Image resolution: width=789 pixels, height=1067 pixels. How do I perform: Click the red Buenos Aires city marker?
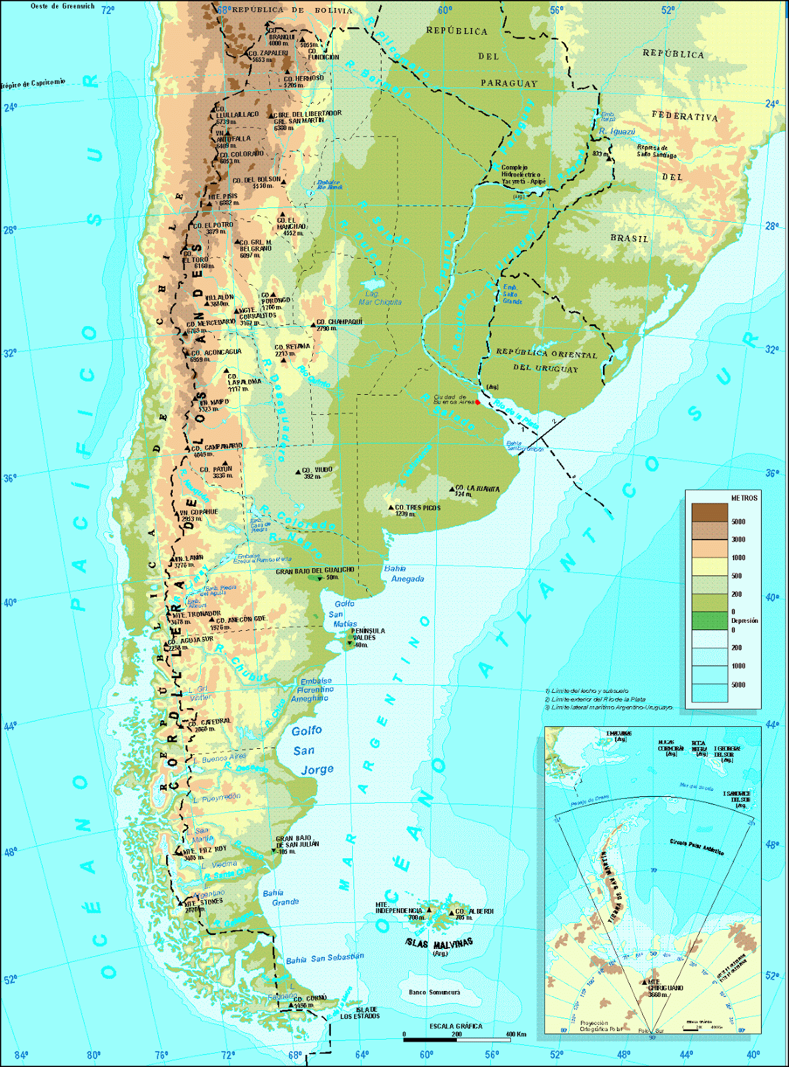pos(478,402)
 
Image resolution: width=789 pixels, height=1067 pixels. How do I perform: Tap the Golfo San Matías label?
pos(344,614)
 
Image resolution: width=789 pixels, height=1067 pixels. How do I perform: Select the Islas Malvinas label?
pos(440,944)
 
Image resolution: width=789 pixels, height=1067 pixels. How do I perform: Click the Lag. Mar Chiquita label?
pos(380,298)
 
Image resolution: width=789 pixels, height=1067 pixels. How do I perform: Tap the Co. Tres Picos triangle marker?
pos(391,507)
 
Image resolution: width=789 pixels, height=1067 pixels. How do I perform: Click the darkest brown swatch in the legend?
pos(709,512)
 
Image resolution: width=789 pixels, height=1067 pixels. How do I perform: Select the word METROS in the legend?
pos(744,498)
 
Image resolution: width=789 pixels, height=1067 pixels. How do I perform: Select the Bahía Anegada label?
pos(404,574)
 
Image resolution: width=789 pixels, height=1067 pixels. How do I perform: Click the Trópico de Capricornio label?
pos(33,83)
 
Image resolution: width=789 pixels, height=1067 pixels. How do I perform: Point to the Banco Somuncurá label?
pos(434,992)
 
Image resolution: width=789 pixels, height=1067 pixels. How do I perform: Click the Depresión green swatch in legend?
pos(709,621)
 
